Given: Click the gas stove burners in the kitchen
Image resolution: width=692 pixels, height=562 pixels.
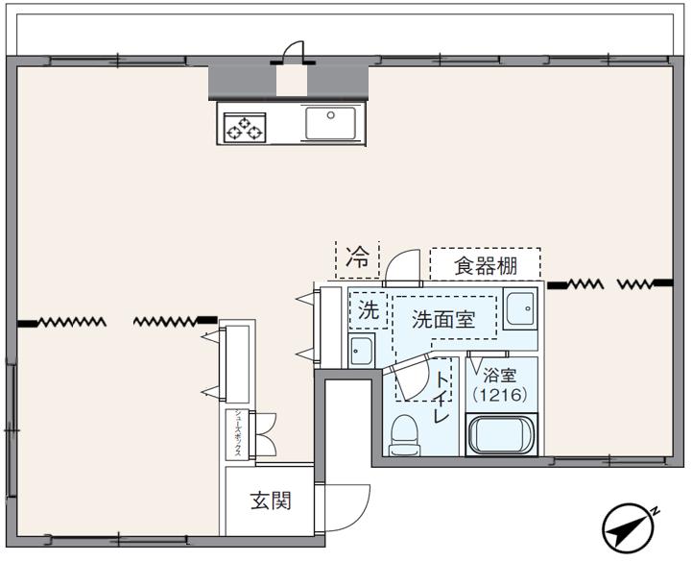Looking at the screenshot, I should [244, 127].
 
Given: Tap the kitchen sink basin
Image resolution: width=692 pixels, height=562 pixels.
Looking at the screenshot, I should [330, 123].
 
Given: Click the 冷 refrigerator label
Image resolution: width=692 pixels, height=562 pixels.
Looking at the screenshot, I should [357, 257].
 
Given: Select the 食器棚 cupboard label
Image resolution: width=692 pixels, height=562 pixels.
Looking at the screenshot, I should [485, 264].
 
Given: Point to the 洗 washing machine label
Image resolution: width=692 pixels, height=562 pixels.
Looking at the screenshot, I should [368, 310].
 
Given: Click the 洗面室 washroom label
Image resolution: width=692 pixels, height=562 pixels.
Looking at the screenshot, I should [443, 320].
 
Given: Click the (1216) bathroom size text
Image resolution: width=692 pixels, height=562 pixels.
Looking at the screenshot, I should [499, 394].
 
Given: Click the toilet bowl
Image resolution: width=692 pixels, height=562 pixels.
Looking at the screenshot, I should [405, 432].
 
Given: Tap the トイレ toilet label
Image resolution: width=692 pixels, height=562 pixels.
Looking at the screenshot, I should [442, 398].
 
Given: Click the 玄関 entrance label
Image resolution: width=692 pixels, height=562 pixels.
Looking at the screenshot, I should [271, 501].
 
